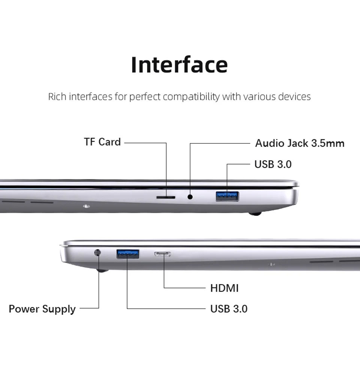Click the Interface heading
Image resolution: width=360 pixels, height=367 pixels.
click(x=179, y=65)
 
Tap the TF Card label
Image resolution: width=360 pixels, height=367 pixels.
click(x=102, y=142)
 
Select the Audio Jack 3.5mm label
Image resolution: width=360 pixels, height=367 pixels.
click(x=300, y=143)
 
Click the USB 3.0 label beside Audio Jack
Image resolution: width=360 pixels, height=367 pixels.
click(x=273, y=164)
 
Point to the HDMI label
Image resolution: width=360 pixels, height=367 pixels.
click(x=224, y=288)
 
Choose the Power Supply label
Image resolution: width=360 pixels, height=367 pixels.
click(x=42, y=309)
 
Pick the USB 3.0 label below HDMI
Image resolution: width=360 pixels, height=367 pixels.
click(x=229, y=309)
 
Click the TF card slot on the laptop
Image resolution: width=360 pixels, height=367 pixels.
click(x=165, y=196)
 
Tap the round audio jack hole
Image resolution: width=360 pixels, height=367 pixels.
click(x=190, y=196)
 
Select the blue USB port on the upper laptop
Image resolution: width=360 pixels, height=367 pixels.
click(x=227, y=196)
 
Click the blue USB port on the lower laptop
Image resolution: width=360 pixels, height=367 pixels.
click(x=128, y=254)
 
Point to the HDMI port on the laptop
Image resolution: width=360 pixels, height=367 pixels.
click(x=162, y=254)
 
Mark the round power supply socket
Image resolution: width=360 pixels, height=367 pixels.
click(x=98, y=253)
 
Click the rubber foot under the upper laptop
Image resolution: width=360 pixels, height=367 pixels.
click(x=255, y=214)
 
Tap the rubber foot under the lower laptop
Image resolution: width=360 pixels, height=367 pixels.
click(x=102, y=270)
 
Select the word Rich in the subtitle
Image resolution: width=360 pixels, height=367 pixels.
click(x=57, y=97)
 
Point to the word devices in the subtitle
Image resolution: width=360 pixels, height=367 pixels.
click(x=294, y=97)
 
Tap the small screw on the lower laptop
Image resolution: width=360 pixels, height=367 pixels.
click(x=271, y=264)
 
